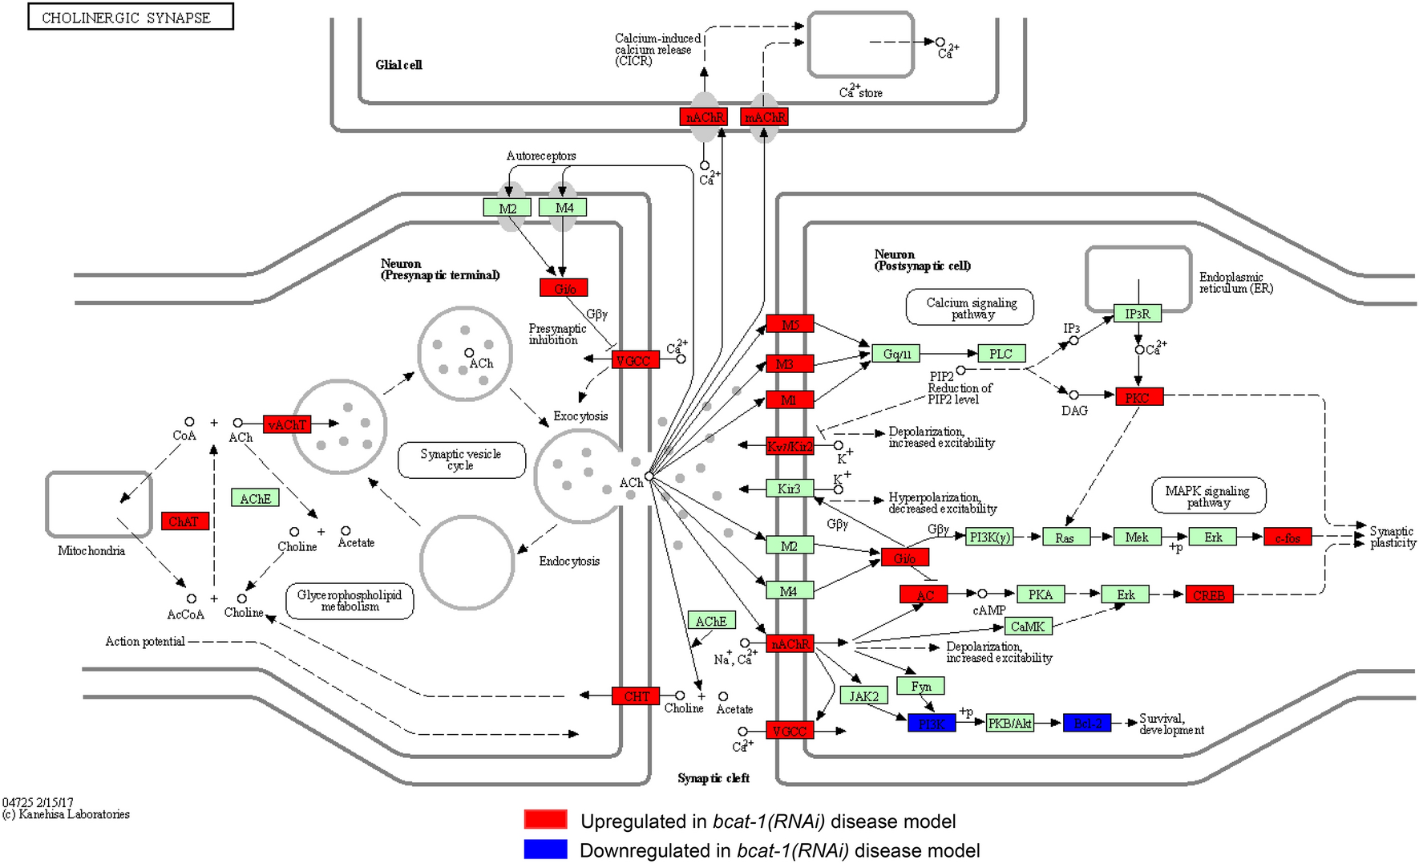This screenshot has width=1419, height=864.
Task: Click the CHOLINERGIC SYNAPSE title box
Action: tap(130, 17)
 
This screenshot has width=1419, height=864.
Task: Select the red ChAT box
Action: tap(184, 521)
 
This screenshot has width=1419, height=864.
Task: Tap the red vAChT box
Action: tap(287, 424)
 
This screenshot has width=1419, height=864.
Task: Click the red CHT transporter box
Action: tap(636, 696)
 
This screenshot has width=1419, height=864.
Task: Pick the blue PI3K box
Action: tap(932, 724)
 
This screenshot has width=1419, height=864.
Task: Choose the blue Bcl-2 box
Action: tap(1087, 724)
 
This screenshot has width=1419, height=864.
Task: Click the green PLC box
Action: tap(1001, 354)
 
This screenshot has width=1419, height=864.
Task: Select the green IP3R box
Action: tap(1137, 314)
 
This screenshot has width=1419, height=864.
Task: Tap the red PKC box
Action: tap(1138, 397)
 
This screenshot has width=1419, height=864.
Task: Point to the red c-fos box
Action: tap(1288, 537)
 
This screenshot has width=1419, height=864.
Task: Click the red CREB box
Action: tap(1209, 595)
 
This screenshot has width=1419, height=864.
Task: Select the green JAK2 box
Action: tap(863, 696)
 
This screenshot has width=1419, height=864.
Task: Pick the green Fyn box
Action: tap(921, 686)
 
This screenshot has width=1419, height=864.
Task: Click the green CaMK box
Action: tap(1028, 627)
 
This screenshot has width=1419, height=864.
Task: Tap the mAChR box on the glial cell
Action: tap(765, 117)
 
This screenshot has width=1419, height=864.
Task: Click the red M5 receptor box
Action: tap(790, 324)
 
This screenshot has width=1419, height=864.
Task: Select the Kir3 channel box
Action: tap(789, 489)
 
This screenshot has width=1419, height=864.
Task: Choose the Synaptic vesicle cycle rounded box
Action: tap(462, 460)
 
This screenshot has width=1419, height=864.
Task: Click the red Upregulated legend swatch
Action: tap(545, 819)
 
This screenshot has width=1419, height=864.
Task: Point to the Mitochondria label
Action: tap(91, 551)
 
